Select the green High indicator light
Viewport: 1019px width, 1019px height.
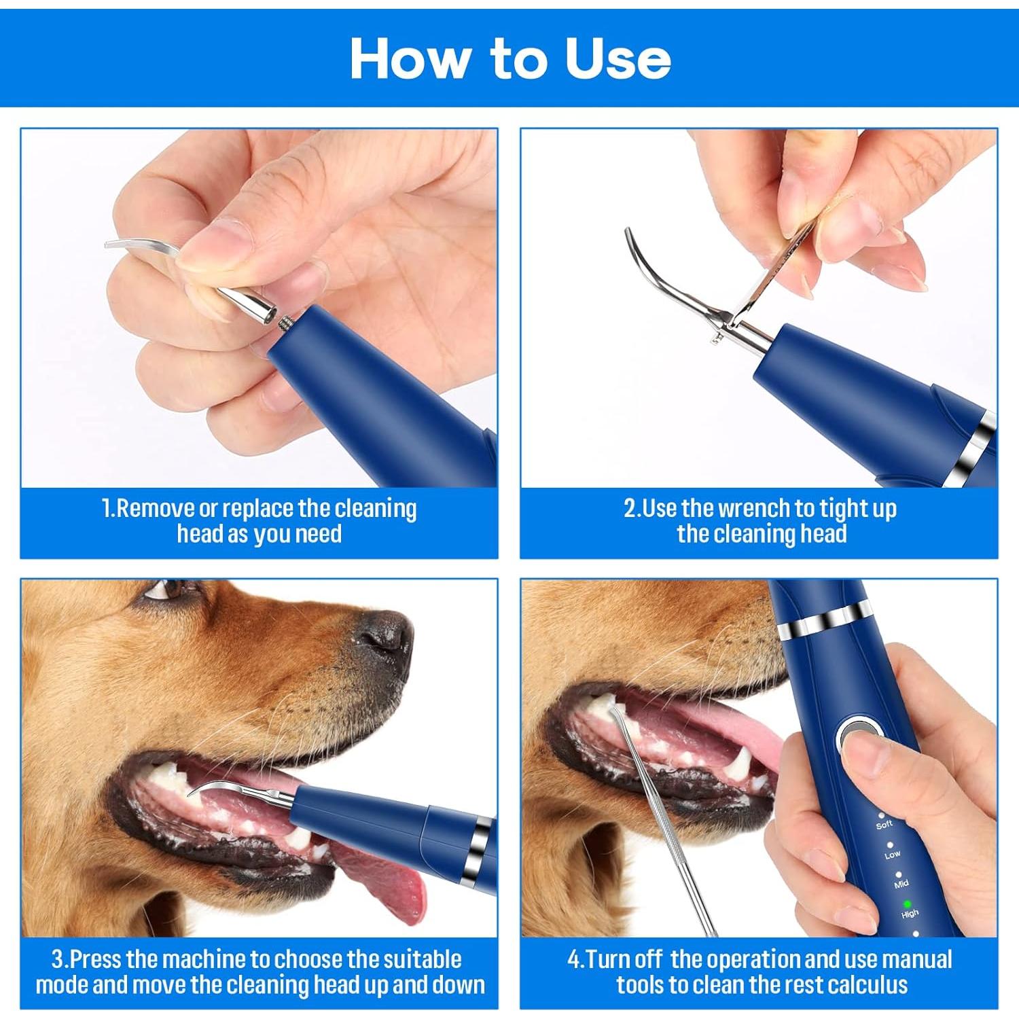[906, 904]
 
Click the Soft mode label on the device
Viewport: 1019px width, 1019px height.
[884, 825]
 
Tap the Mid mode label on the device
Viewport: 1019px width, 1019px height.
[901, 884]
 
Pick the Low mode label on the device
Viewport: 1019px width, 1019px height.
[892, 855]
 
